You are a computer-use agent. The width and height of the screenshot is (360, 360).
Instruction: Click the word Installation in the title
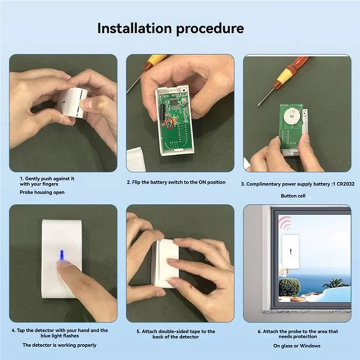tap(134, 28)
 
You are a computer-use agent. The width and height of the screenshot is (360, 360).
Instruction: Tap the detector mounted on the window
tap(290, 252)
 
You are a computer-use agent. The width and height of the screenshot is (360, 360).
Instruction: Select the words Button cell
tap(292, 196)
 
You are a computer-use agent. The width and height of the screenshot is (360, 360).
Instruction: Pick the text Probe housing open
tap(42, 192)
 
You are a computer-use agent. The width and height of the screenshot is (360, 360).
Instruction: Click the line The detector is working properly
tap(59, 345)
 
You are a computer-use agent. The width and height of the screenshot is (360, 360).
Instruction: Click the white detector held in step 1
tap(72, 102)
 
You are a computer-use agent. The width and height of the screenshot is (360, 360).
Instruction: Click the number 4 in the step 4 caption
tap(13, 330)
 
